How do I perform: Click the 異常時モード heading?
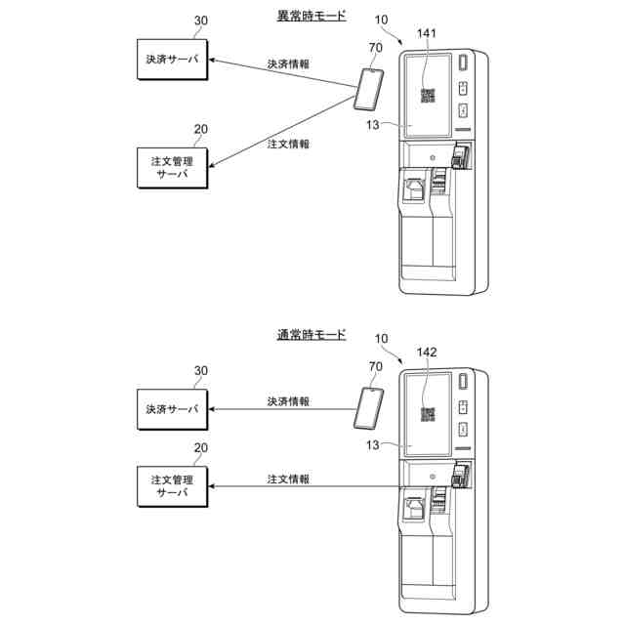click(x=312, y=16)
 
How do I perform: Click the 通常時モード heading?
click(x=312, y=335)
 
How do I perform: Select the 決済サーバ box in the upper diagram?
click(x=172, y=60)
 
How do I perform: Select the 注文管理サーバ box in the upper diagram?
click(x=172, y=168)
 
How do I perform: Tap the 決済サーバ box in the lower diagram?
click(x=172, y=409)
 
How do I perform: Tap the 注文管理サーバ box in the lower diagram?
click(x=172, y=486)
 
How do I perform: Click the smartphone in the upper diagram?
click(x=369, y=89)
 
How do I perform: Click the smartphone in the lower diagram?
click(x=369, y=408)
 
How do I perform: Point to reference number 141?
click(x=427, y=33)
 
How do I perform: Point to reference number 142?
click(x=427, y=353)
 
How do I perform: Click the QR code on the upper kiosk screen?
click(x=428, y=96)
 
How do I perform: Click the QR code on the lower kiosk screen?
click(x=428, y=414)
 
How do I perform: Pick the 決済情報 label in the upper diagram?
click(x=288, y=63)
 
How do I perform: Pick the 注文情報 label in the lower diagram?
click(x=288, y=479)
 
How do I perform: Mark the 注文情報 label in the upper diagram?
click(x=288, y=144)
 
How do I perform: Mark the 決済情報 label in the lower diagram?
click(x=288, y=401)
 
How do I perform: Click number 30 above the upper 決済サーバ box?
click(x=201, y=21)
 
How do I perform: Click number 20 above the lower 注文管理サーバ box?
click(x=201, y=448)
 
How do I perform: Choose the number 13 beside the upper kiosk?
click(x=373, y=125)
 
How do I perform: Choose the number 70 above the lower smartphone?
click(x=375, y=367)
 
